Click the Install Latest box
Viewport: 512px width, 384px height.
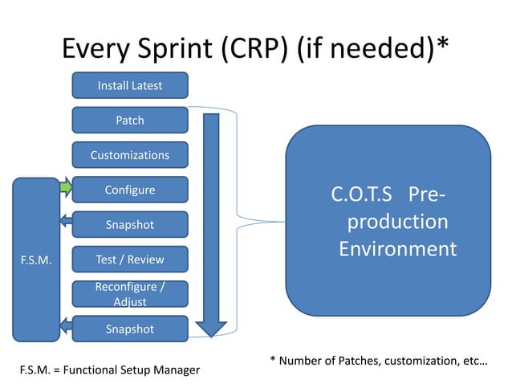pos(130,85)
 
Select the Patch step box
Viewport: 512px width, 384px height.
pos(130,121)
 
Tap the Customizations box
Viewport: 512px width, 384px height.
pos(130,155)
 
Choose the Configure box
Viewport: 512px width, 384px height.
pos(130,190)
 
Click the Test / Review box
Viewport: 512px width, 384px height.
pos(130,259)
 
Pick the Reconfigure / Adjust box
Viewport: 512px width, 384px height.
pos(130,294)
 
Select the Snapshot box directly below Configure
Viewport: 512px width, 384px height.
pos(130,225)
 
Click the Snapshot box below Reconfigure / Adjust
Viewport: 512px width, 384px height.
pos(130,329)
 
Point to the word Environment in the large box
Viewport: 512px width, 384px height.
pos(396,248)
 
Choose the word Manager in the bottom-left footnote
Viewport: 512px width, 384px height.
pos(176,370)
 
